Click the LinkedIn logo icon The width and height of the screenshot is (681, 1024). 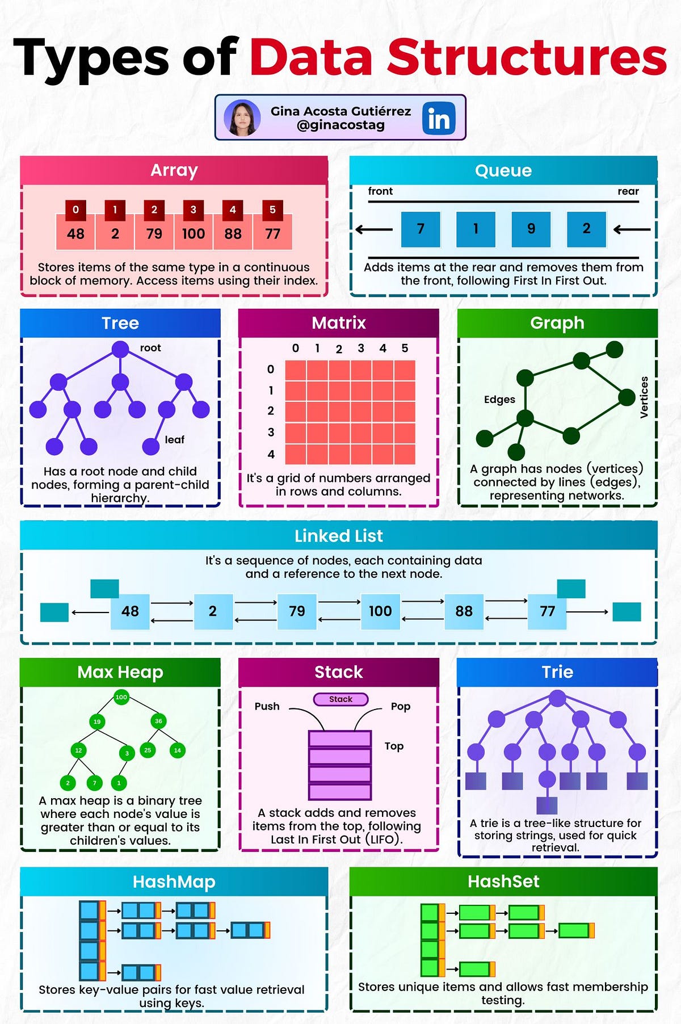point(439,118)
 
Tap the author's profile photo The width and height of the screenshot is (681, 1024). point(242,118)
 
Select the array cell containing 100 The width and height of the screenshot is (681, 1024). point(194,233)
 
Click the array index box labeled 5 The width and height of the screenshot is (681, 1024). point(272,209)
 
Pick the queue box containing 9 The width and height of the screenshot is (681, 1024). point(531,229)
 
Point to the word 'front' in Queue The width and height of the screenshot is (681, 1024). point(380,191)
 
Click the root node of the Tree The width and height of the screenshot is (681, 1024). point(120,349)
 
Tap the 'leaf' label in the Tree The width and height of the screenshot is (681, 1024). point(175,439)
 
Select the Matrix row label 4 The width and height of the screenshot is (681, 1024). point(271,454)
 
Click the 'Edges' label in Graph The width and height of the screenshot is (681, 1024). point(499,399)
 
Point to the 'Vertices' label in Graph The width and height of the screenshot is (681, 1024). point(644,397)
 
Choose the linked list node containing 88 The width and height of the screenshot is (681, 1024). point(464,611)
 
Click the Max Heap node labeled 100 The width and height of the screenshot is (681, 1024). point(121,697)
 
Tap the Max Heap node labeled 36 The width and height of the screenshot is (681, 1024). point(158,721)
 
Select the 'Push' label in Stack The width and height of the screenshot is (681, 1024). point(267,706)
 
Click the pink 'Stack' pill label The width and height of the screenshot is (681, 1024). point(340,699)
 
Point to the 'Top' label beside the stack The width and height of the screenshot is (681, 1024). point(394,746)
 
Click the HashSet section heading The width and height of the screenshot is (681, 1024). point(503,881)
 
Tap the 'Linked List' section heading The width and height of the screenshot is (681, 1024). point(339,536)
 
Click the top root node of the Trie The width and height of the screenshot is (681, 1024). point(557,698)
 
